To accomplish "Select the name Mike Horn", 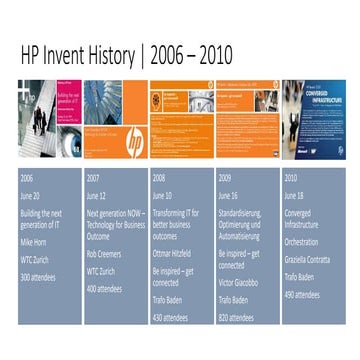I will [x=34, y=241].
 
